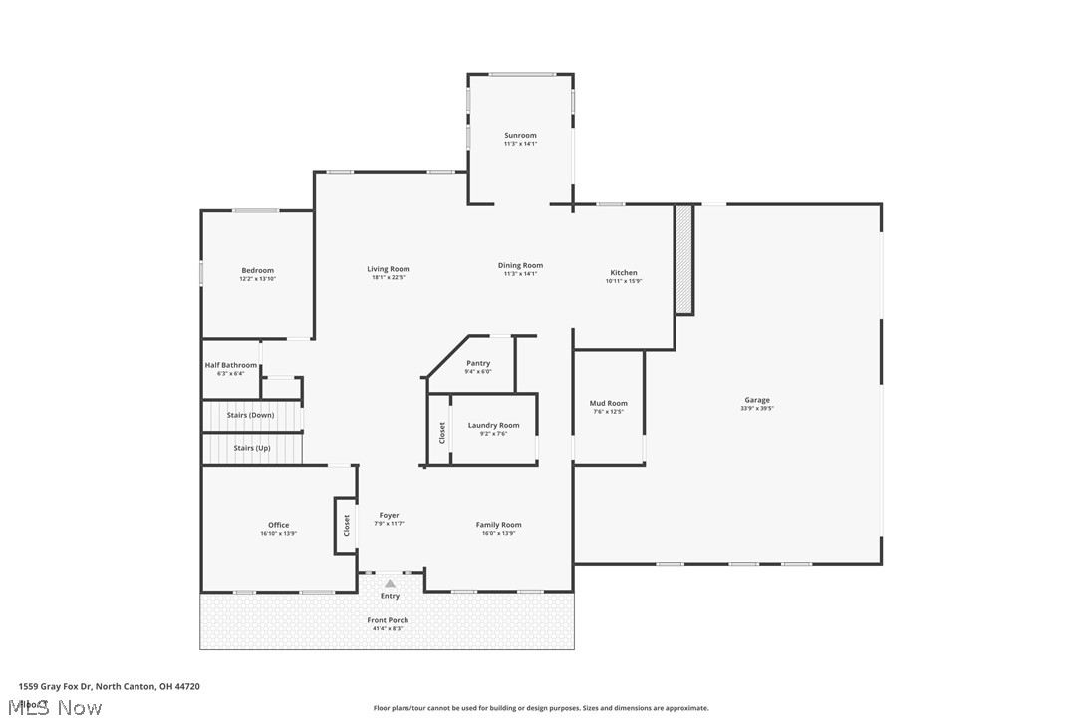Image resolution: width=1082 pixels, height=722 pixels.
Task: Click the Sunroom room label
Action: click(x=520, y=136)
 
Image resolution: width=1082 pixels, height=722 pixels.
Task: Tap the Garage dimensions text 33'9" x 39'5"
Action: click(x=757, y=408)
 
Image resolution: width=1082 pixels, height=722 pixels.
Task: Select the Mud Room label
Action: click(x=609, y=404)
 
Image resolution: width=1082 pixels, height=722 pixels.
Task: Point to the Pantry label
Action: click(x=478, y=363)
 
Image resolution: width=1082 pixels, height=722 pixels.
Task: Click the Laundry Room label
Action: click(x=493, y=426)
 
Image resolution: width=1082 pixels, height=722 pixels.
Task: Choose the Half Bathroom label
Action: click(x=231, y=365)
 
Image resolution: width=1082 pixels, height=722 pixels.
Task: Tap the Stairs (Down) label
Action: click(x=250, y=415)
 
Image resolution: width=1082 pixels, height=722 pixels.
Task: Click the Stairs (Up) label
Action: click(x=251, y=448)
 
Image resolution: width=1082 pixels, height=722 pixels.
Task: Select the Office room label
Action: click(x=278, y=525)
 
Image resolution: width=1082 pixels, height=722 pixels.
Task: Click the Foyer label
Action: click(x=389, y=516)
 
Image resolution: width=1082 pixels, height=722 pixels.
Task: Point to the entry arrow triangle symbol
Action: click(x=390, y=584)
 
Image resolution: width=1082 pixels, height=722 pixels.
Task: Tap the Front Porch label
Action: click(x=388, y=620)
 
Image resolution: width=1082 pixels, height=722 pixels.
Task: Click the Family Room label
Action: click(x=498, y=525)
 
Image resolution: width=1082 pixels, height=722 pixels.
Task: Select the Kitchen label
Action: click(x=624, y=273)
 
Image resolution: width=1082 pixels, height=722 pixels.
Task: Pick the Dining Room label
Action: click(x=520, y=265)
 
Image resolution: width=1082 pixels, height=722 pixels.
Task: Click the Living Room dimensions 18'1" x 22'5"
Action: click(x=388, y=277)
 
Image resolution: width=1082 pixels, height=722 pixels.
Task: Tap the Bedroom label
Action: click(x=257, y=270)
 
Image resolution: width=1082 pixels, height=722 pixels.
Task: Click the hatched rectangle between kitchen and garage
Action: click(x=683, y=259)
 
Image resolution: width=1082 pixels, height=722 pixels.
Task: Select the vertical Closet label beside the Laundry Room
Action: click(x=442, y=433)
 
